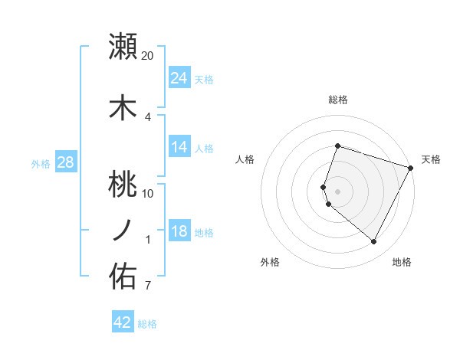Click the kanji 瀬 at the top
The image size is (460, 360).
coord(123,46)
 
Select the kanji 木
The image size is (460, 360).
coord(123,107)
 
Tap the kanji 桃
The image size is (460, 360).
coord(123,184)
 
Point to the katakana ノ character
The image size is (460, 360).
coord(123,230)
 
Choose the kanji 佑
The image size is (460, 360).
coord(123,276)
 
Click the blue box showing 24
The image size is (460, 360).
coord(179,78)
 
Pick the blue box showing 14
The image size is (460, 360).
coord(179,147)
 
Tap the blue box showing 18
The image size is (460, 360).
coord(179,232)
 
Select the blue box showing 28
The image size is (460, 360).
coord(66,162)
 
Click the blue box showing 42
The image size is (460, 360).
coord(123,322)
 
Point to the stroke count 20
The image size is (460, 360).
coord(148,55)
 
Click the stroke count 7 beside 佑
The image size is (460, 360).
coord(148,286)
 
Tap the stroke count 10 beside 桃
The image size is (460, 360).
coord(148,193)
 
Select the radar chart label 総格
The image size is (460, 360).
coord(338,100)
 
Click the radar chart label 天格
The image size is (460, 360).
coord(431,159)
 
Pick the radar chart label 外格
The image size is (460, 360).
coord(270,262)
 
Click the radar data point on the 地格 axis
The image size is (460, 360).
coord(374,242)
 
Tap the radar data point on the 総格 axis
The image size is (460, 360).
coord(337,146)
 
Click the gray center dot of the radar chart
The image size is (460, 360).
coord(337,191)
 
